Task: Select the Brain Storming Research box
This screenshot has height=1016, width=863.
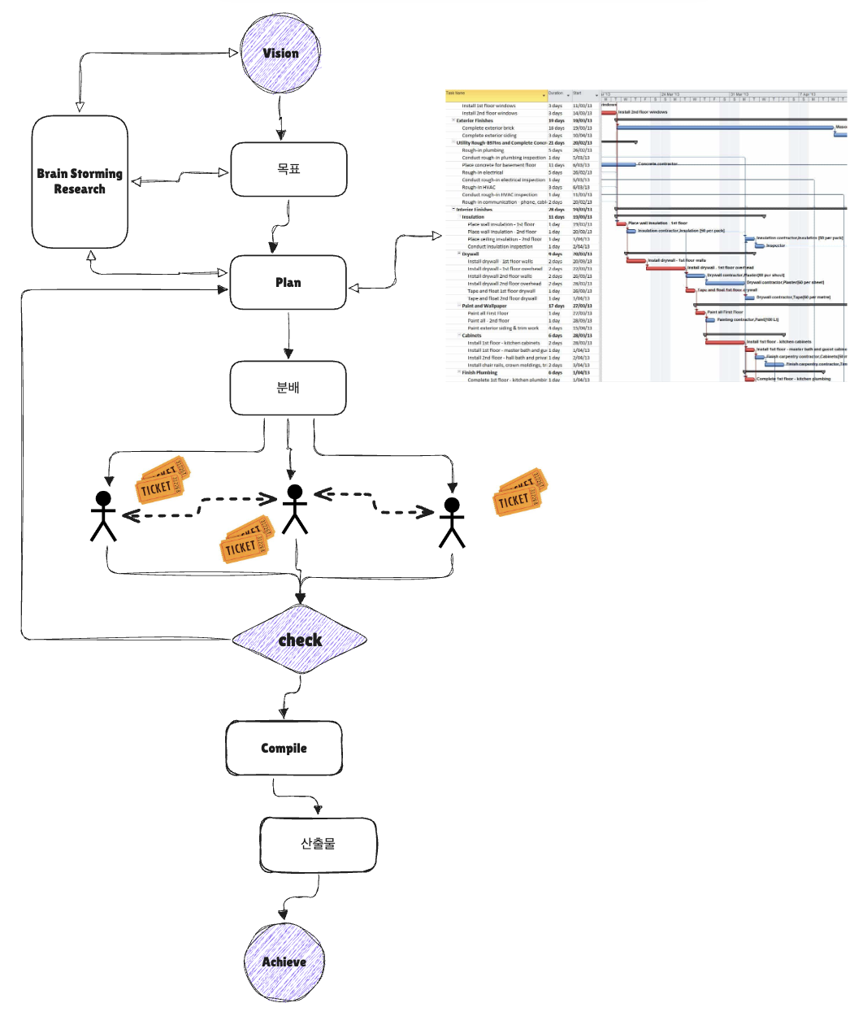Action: click(x=80, y=181)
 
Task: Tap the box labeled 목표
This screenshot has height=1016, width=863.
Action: click(x=289, y=169)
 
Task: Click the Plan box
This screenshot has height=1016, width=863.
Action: click(x=288, y=282)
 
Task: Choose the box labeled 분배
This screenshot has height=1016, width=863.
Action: click(x=288, y=388)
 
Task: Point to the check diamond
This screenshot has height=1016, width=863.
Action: click(x=300, y=640)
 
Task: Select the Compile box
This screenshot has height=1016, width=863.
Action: click(x=284, y=748)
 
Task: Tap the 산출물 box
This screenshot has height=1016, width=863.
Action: click(x=318, y=844)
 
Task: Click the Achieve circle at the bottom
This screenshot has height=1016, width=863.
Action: click(x=284, y=962)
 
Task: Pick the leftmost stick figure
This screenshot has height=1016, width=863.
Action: click(x=103, y=516)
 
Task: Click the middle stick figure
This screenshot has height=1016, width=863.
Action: click(x=294, y=510)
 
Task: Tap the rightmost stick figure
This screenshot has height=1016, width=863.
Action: click(x=452, y=523)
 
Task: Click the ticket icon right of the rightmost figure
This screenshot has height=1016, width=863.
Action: click(x=520, y=493)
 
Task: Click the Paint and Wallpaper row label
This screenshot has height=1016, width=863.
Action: click(x=484, y=306)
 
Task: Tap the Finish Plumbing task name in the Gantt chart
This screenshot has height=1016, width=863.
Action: click(x=479, y=372)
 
